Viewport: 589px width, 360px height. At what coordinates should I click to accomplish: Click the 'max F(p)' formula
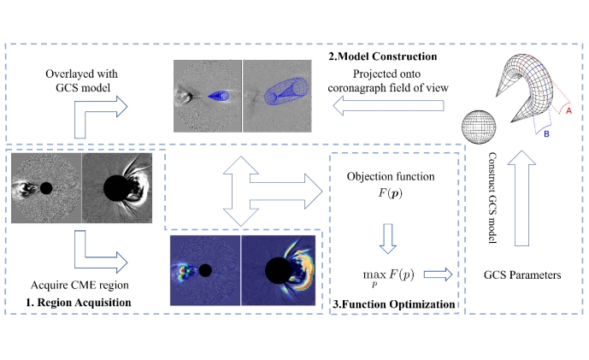pos(387,274)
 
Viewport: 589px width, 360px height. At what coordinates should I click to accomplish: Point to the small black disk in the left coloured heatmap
pos(205,270)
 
